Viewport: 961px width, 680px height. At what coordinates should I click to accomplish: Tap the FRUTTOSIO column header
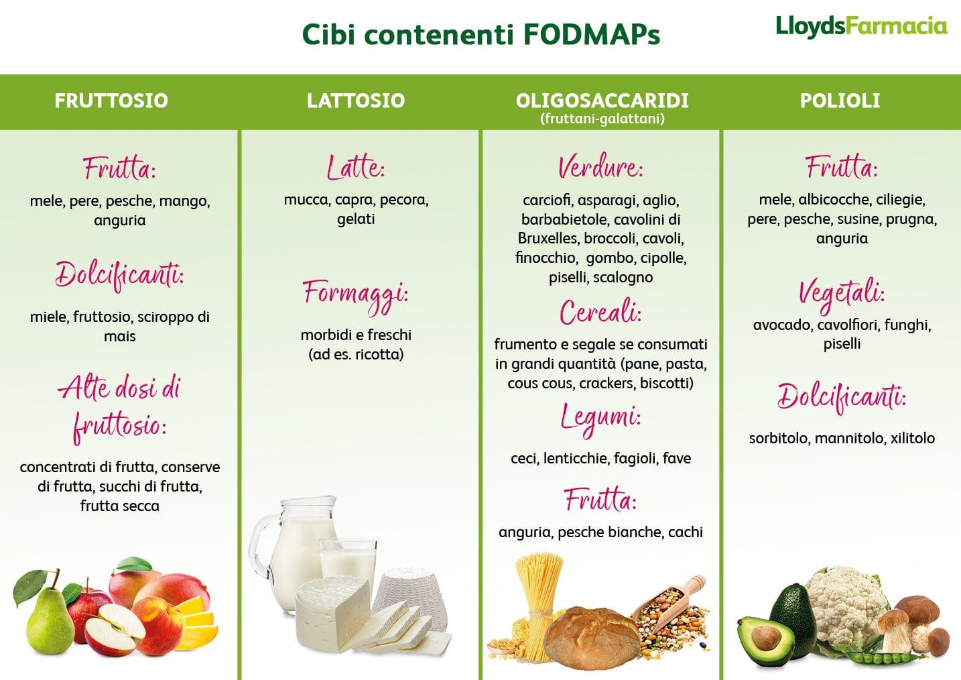click(111, 101)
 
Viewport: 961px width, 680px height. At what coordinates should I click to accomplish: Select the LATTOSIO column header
click(356, 101)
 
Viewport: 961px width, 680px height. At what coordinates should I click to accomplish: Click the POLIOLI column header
click(840, 101)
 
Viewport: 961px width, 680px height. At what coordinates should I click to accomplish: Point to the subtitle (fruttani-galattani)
click(602, 119)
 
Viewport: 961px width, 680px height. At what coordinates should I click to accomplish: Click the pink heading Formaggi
click(356, 295)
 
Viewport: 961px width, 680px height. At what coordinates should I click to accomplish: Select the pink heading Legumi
click(600, 418)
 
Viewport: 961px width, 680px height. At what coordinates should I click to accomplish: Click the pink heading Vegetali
click(841, 295)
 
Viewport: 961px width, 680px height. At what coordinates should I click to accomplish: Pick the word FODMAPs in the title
click(592, 34)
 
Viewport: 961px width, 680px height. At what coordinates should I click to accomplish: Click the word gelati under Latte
click(356, 219)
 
